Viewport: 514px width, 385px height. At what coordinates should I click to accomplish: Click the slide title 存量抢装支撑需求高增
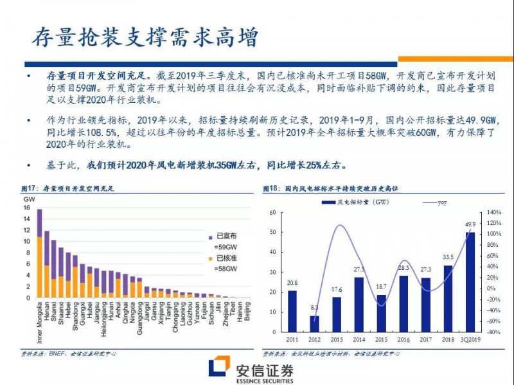145,37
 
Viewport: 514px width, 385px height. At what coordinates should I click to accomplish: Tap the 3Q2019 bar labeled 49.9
470,282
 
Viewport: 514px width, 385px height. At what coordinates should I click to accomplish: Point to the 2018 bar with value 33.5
448,299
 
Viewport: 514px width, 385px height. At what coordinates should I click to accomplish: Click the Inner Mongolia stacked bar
39,254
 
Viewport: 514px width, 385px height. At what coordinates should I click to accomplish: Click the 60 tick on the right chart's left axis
272,212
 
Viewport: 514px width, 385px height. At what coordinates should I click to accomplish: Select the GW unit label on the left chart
28,199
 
